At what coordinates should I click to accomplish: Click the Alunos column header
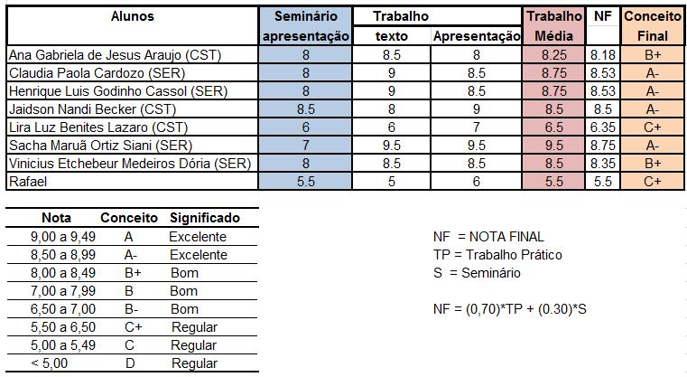tap(132, 16)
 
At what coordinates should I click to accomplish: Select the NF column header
tap(602, 16)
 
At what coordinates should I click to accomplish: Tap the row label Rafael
tap(27, 182)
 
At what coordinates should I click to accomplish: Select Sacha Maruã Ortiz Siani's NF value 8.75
tap(602, 146)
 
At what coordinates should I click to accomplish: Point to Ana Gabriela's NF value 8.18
tap(602, 55)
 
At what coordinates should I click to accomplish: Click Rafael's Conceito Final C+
tap(653, 182)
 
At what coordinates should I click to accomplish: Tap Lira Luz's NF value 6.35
tap(602, 127)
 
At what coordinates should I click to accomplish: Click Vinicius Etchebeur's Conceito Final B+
tap(653, 164)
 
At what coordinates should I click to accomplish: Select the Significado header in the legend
tap(204, 218)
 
